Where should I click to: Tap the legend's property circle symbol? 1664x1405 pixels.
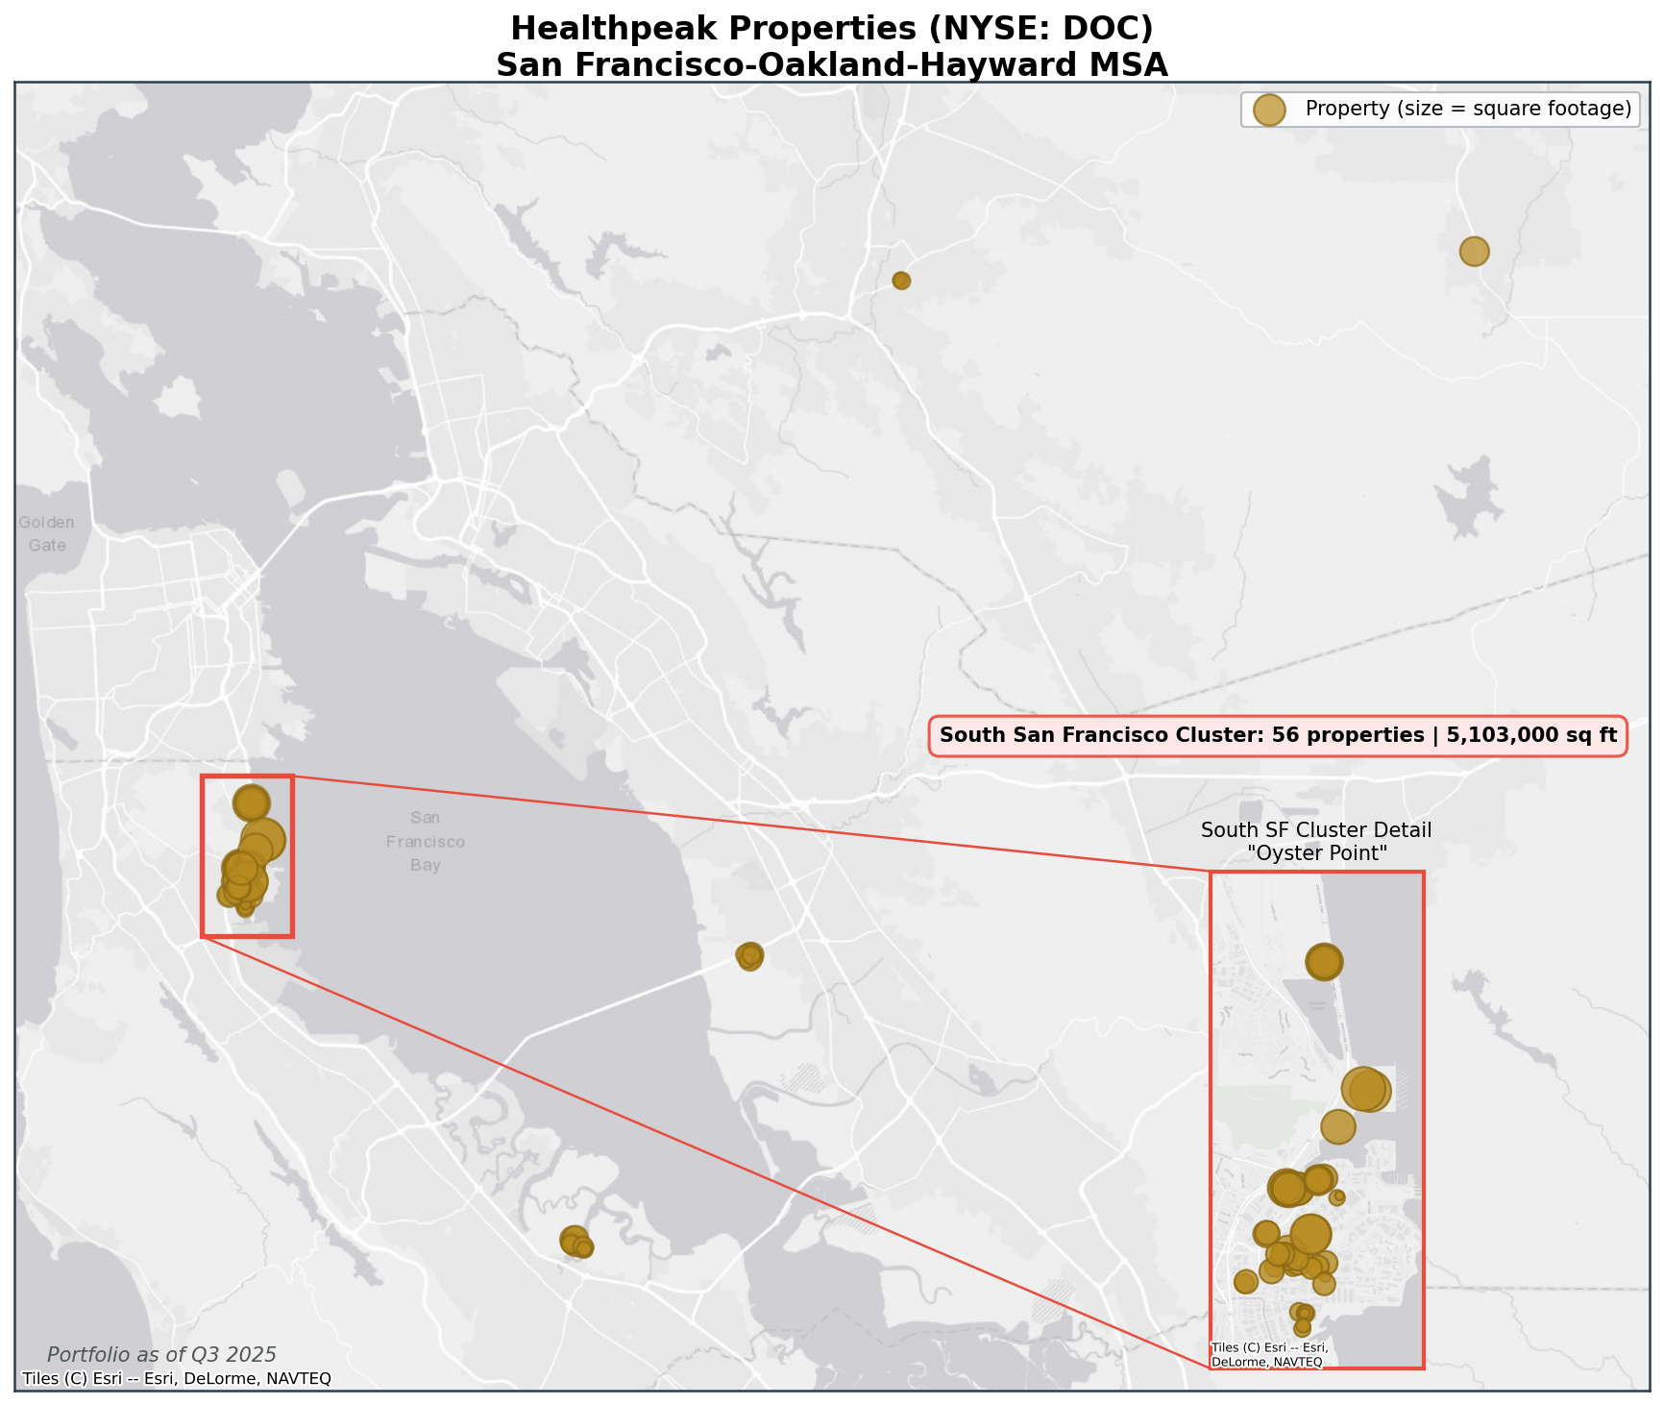pyautogui.click(x=1269, y=110)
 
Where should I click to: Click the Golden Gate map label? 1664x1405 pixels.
pyautogui.click(x=46, y=534)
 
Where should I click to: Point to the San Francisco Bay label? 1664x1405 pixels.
pyautogui.click(x=426, y=842)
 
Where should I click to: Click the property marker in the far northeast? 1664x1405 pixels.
pyautogui.click(x=1473, y=251)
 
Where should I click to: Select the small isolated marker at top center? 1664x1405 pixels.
pyautogui.click(x=901, y=281)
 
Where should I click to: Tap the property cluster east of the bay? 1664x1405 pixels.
pyautogui.click(x=749, y=955)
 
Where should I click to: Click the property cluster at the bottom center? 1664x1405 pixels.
pyautogui.click(x=575, y=1242)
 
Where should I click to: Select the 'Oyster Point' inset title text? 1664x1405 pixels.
pyautogui.click(x=1316, y=852)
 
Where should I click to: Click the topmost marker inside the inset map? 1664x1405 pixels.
pyautogui.click(x=1324, y=961)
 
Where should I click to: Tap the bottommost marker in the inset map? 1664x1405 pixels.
pyautogui.click(x=1302, y=1328)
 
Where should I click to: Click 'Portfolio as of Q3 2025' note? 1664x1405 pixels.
pyautogui.click(x=161, y=1355)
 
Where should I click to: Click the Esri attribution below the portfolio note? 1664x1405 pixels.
pyautogui.click(x=177, y=1379)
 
